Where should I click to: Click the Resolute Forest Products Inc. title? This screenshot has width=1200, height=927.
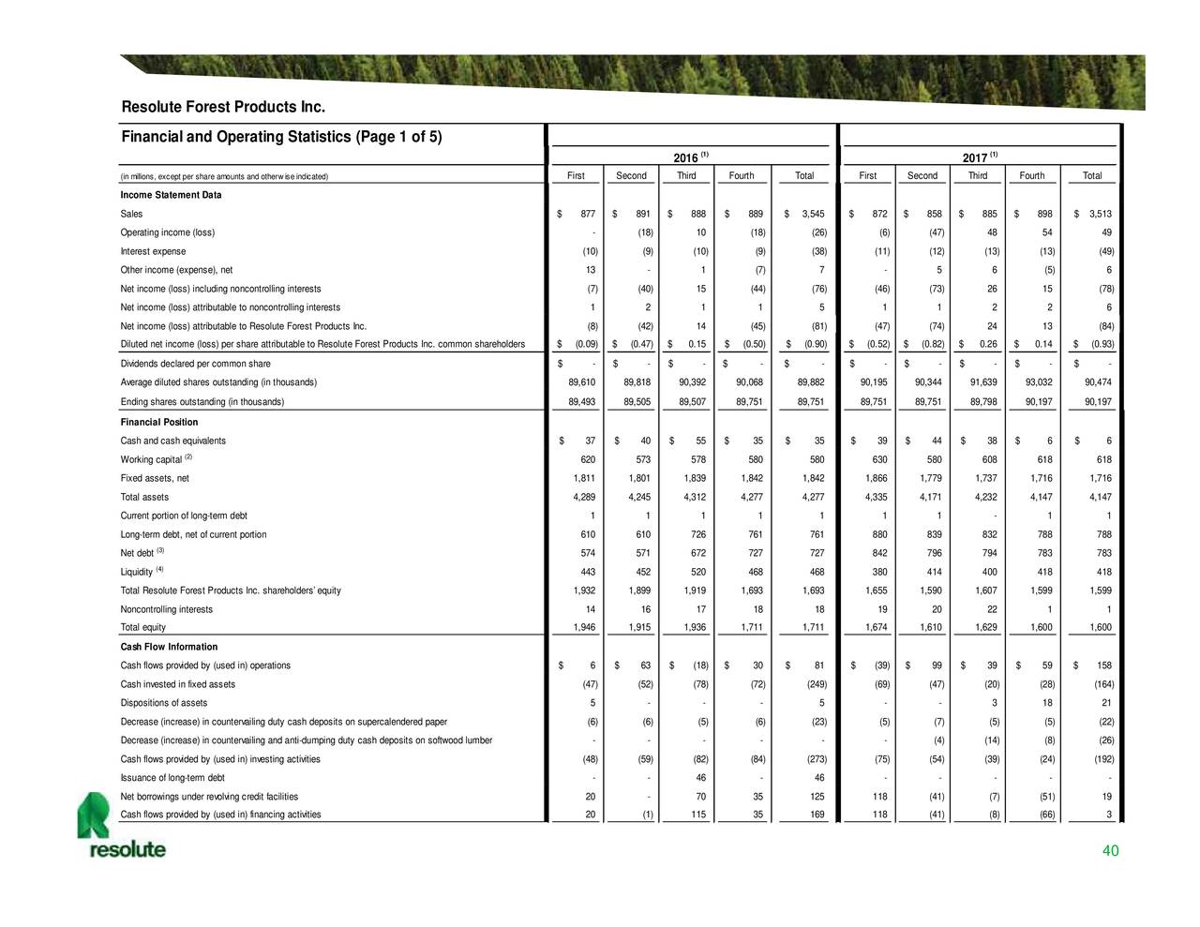tap(223, 107)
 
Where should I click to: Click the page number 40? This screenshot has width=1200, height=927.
tap(1110, 851)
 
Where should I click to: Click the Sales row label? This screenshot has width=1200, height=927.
tap(131, 215)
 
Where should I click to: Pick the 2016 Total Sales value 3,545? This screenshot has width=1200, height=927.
tap(812, 215)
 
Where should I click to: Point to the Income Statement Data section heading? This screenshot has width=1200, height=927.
tap(171, 195)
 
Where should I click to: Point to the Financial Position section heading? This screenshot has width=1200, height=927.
tap(158, 423)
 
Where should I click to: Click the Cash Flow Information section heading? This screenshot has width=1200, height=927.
tap(169, 647)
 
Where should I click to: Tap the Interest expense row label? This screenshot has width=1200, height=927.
tap(154, 251)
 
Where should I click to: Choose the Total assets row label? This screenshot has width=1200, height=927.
tap(144, 498)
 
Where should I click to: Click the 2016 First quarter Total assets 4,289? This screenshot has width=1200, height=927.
tap(583, 498)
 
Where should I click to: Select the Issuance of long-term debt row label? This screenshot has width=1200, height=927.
tap(172, 778)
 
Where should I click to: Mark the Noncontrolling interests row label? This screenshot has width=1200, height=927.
tap(166, 609)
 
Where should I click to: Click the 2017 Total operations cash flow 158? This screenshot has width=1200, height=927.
tap(1103, 666)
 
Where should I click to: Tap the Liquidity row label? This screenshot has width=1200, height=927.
tap(137, 572)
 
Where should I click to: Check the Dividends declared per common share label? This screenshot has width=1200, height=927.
tap(195, 364)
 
